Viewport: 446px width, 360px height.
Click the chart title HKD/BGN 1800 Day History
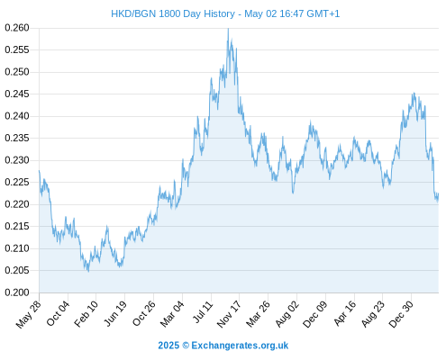point(173,13)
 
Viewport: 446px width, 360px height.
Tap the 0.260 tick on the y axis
point(17,28)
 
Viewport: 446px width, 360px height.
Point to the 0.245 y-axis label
point(17,94)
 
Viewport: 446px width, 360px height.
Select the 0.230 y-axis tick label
point(17,160)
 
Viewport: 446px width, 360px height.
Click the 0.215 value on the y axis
point(17,226)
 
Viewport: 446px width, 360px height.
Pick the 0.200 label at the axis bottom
point(17,292)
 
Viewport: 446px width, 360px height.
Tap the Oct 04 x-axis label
point(58,313)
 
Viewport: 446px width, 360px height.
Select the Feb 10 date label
point(86,313)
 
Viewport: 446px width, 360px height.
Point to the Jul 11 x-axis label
point(203,311)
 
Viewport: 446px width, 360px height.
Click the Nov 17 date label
point(229,313)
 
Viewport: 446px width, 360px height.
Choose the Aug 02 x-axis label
point(287,313)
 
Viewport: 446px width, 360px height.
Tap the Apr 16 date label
point(345,313)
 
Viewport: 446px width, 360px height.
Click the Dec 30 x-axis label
point(401,313)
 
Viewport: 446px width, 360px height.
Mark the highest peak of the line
point(228,29)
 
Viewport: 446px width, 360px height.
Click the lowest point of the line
point(88,272)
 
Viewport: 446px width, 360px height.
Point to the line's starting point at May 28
point(39,170)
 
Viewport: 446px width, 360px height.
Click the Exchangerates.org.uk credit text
point(240,346)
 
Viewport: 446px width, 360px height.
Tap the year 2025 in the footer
point(168,346)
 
